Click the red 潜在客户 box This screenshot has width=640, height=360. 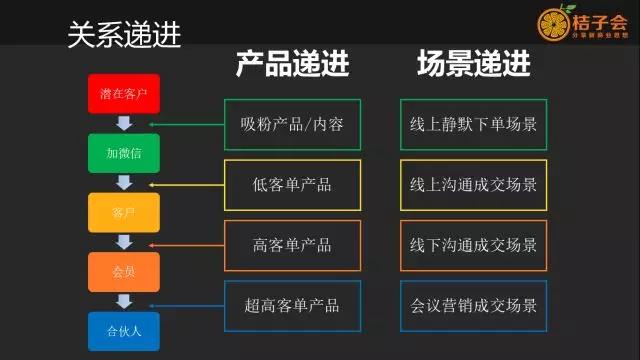click(x=124, y=93)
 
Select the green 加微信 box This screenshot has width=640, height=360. click(x=124, y=153)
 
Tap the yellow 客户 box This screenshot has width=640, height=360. click(x=124, y=212)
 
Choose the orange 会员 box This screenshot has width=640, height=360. click(x=124, y=271)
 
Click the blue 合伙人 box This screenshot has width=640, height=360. click(x=124, y=329)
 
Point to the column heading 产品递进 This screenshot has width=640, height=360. click(x=293, y=66)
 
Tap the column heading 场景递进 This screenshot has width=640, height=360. click(x=473, y=66)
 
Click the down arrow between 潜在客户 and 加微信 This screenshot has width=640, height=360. click(x=124, y=123)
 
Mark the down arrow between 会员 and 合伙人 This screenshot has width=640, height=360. click(x=124, y=300)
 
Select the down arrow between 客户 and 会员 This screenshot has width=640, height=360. click(x=124, y=241)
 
